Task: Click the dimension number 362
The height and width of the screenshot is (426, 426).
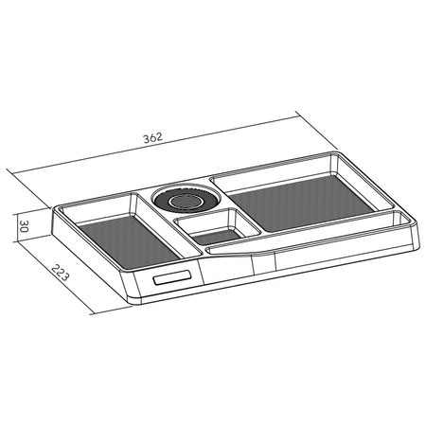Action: tap(153, 137)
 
